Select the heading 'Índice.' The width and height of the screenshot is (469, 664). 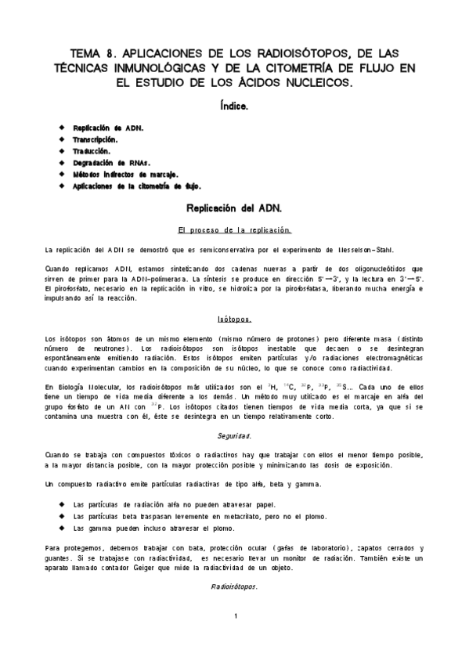pos(234,104)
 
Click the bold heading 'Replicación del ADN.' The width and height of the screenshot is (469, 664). pos(234,209)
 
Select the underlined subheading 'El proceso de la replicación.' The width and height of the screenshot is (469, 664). pos(234,229)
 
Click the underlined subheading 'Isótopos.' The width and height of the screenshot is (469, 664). pos(234,319)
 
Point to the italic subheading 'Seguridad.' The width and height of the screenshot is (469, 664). pos(234,434)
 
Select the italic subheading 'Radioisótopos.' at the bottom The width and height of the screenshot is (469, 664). pos(234,586)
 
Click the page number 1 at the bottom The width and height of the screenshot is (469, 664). pos(235,618)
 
